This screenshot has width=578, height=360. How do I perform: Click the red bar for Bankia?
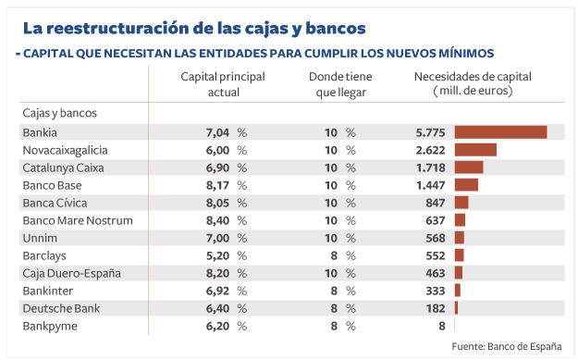pos(500,132)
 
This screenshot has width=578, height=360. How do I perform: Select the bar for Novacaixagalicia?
pos(475,150)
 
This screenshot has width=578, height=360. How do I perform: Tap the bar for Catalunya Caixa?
pos(469,168)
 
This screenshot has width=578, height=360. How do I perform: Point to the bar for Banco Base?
pos(466,185)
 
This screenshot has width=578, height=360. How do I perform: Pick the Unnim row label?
pos(40,238)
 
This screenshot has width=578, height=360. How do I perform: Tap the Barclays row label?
pos(43,255)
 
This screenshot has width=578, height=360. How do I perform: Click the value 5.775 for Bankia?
pos(430,132)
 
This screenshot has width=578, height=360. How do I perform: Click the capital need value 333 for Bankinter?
pos(436,291)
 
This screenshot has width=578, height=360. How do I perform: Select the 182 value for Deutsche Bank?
pos(436,308)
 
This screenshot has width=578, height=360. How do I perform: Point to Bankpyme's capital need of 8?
pos(442,326)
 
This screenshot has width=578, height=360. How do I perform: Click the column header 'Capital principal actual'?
pos(223,85)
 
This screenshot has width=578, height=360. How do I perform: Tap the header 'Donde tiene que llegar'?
pos(340,85)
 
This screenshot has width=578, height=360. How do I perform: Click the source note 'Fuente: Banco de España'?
pos(506,346)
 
